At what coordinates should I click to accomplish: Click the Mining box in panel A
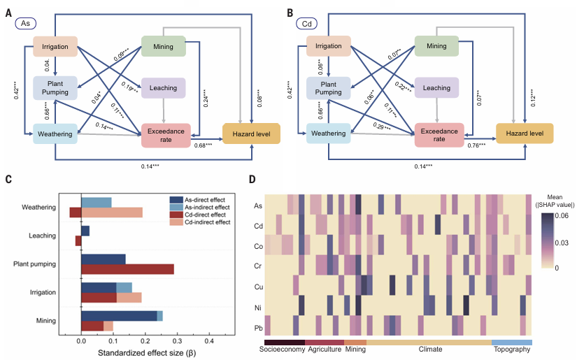pos(163,46)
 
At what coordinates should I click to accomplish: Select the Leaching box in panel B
pos(436,88)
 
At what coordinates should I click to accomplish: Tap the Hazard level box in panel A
pos(250,133)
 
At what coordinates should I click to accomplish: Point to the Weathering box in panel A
pos(54,133)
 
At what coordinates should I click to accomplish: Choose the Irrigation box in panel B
pos(328,47)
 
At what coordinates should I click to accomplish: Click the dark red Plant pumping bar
pos(127,268)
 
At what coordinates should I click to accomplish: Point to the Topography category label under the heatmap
pos(512,349)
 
